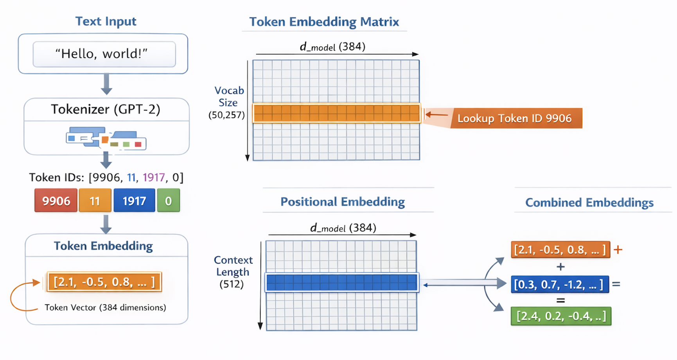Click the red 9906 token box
(x=56, y=201)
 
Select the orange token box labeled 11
(x=95, y=201)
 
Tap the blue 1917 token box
(x=134, y=201)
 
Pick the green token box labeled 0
(x=168, y=201)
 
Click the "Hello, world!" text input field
(x=104, y=54)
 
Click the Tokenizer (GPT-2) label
(x=106, y=109)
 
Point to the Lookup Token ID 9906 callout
(x=515, y=118)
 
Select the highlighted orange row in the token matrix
(x=336, y=113)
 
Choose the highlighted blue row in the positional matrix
(x=342, y=283)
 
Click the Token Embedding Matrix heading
(x=324, y=22)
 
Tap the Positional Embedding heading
(x=343, y=202)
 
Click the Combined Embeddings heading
(x=589, y=202)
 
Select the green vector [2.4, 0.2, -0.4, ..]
(x=561, y=316)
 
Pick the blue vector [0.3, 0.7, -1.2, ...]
(x=560, y=284)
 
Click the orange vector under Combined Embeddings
(x=560, y=250)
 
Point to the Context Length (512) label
(x=233, y=272)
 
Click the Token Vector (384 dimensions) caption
(x=105, y=308)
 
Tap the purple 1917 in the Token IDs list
(x=154, y=177)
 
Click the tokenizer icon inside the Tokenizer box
(x=106, y=139)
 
